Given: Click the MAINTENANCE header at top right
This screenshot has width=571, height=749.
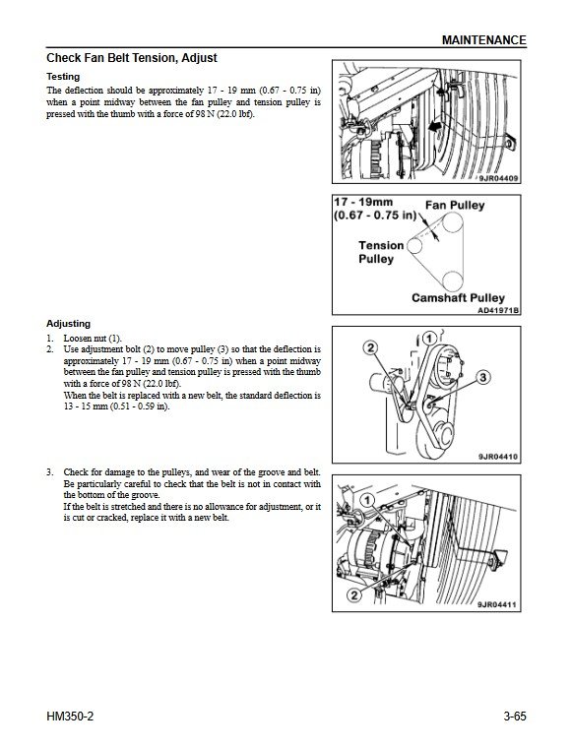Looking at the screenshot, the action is click(x=483, y=40).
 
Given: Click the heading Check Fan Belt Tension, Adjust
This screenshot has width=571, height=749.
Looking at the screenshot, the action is click(x=131, y=58).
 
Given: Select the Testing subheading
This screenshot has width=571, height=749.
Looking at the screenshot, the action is click(x=63, y=77).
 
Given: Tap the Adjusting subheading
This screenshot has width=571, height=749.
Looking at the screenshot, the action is click(x=68, y=324).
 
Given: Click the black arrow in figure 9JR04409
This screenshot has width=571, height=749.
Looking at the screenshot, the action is click(x=435, y=127).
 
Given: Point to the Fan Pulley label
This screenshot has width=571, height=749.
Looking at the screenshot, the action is click(x=455, y=205).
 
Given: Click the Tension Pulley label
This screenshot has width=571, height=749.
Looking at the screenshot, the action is click(x=381, y=252).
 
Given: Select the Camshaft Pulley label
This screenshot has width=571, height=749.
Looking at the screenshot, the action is click(x=458, y=298).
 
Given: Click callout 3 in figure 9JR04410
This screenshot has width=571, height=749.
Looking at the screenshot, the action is click(x=483, y=377).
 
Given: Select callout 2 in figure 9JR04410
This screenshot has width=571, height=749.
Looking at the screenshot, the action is click(x=371, y=347).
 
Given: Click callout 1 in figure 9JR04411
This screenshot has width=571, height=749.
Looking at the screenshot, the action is click(x=367, y=500).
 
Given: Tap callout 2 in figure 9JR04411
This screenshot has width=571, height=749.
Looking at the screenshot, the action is click(x=354, y=595).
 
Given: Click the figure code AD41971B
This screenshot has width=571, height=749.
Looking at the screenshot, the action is click(x=498, y=310).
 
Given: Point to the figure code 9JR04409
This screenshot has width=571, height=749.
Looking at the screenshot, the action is click(x=498, y=179).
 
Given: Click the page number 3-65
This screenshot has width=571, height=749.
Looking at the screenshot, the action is click(x=514, y=717).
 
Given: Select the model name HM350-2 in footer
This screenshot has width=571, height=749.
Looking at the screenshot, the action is click(x=70, y=717).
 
